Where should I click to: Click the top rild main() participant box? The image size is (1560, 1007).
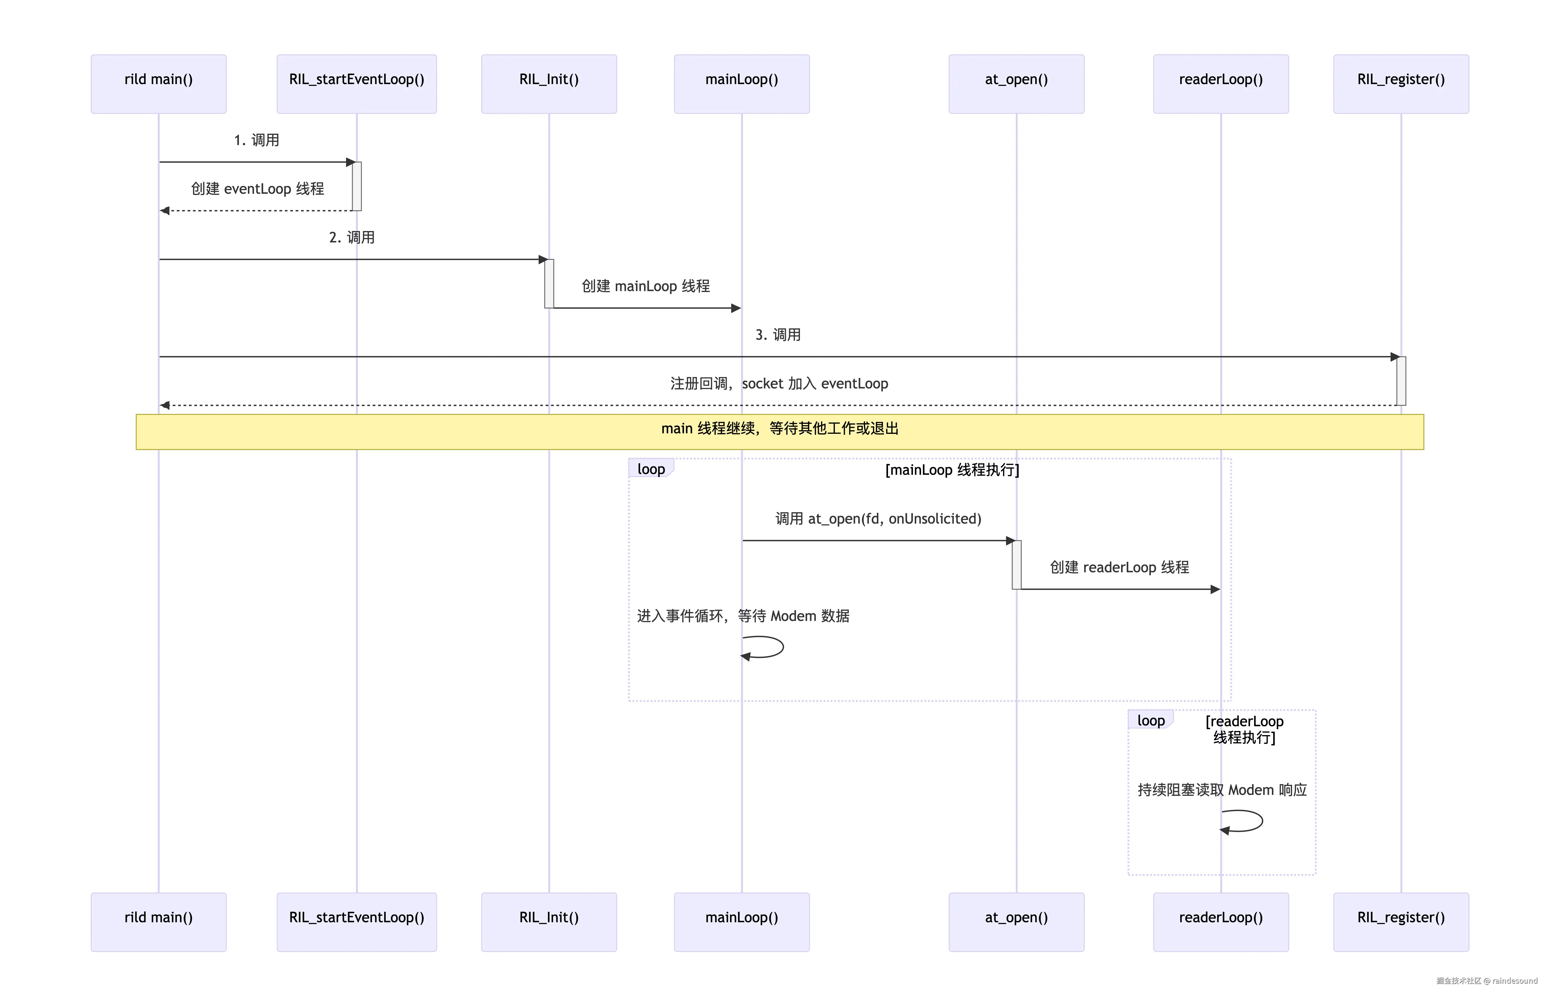[x=158, y=84]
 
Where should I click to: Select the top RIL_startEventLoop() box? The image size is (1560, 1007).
[x=356, y=84]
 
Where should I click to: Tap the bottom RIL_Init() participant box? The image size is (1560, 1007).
[x=549, y=922]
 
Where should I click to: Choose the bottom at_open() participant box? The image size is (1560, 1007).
[x=1016, y=922]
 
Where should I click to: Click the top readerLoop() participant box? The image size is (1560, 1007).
[x=1221, y=84]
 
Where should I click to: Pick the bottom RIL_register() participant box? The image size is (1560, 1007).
[x=1401, y=922]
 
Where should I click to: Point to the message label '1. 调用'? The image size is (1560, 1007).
[x=257, y=140]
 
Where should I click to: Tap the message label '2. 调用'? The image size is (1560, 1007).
[x=352, y=237]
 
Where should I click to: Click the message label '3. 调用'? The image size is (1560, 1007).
[x=778, y=335]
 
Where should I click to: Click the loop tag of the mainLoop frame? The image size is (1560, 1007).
[x=651, y=468]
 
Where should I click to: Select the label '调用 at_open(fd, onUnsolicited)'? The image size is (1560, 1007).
[x=878, y=519]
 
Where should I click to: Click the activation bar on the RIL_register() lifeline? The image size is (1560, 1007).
[x=1401, y=381]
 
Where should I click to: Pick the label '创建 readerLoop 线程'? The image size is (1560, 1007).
[x=1119, y=567]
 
